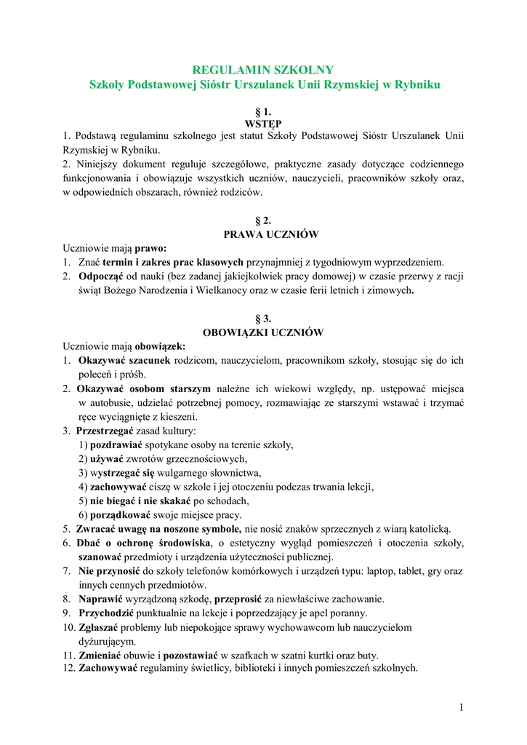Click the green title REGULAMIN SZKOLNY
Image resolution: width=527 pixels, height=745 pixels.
(x=262, y=70)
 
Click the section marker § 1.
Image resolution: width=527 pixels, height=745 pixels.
(x=262, y=112)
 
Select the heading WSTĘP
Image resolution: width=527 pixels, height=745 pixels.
(x=262, y=124)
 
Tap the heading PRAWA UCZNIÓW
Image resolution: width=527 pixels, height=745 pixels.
(x=262, y=234)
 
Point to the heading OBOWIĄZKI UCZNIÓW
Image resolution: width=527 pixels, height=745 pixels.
(x=262, y=332)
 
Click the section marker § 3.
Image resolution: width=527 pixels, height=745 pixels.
(x=262, y=319)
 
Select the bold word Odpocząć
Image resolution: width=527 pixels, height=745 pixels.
(x=101, y=276)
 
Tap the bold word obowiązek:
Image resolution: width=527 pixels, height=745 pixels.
(x=158, y=346)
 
